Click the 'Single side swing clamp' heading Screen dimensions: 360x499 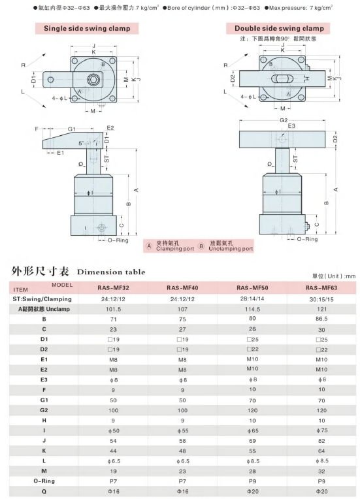87,28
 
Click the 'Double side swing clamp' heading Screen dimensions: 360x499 279,28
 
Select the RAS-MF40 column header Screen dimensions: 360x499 182,288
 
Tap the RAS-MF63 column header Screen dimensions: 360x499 321,288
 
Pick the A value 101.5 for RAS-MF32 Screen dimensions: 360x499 113,310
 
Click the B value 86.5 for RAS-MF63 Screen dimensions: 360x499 321,319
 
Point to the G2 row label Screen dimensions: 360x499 44,410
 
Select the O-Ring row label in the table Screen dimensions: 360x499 44,481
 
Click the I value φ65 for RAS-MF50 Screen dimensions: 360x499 253,430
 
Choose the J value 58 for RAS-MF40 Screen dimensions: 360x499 182,441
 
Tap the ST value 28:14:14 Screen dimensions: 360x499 252,299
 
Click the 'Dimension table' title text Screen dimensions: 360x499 111,272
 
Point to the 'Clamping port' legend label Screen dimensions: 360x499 175,249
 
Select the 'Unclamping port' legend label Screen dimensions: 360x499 231,249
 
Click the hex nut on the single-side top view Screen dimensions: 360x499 93,80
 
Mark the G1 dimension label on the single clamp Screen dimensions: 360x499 72,129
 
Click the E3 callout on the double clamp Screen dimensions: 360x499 291,126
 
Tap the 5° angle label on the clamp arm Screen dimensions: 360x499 82,143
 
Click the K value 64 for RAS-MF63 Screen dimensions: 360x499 321,451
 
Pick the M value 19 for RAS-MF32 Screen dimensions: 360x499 113,471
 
